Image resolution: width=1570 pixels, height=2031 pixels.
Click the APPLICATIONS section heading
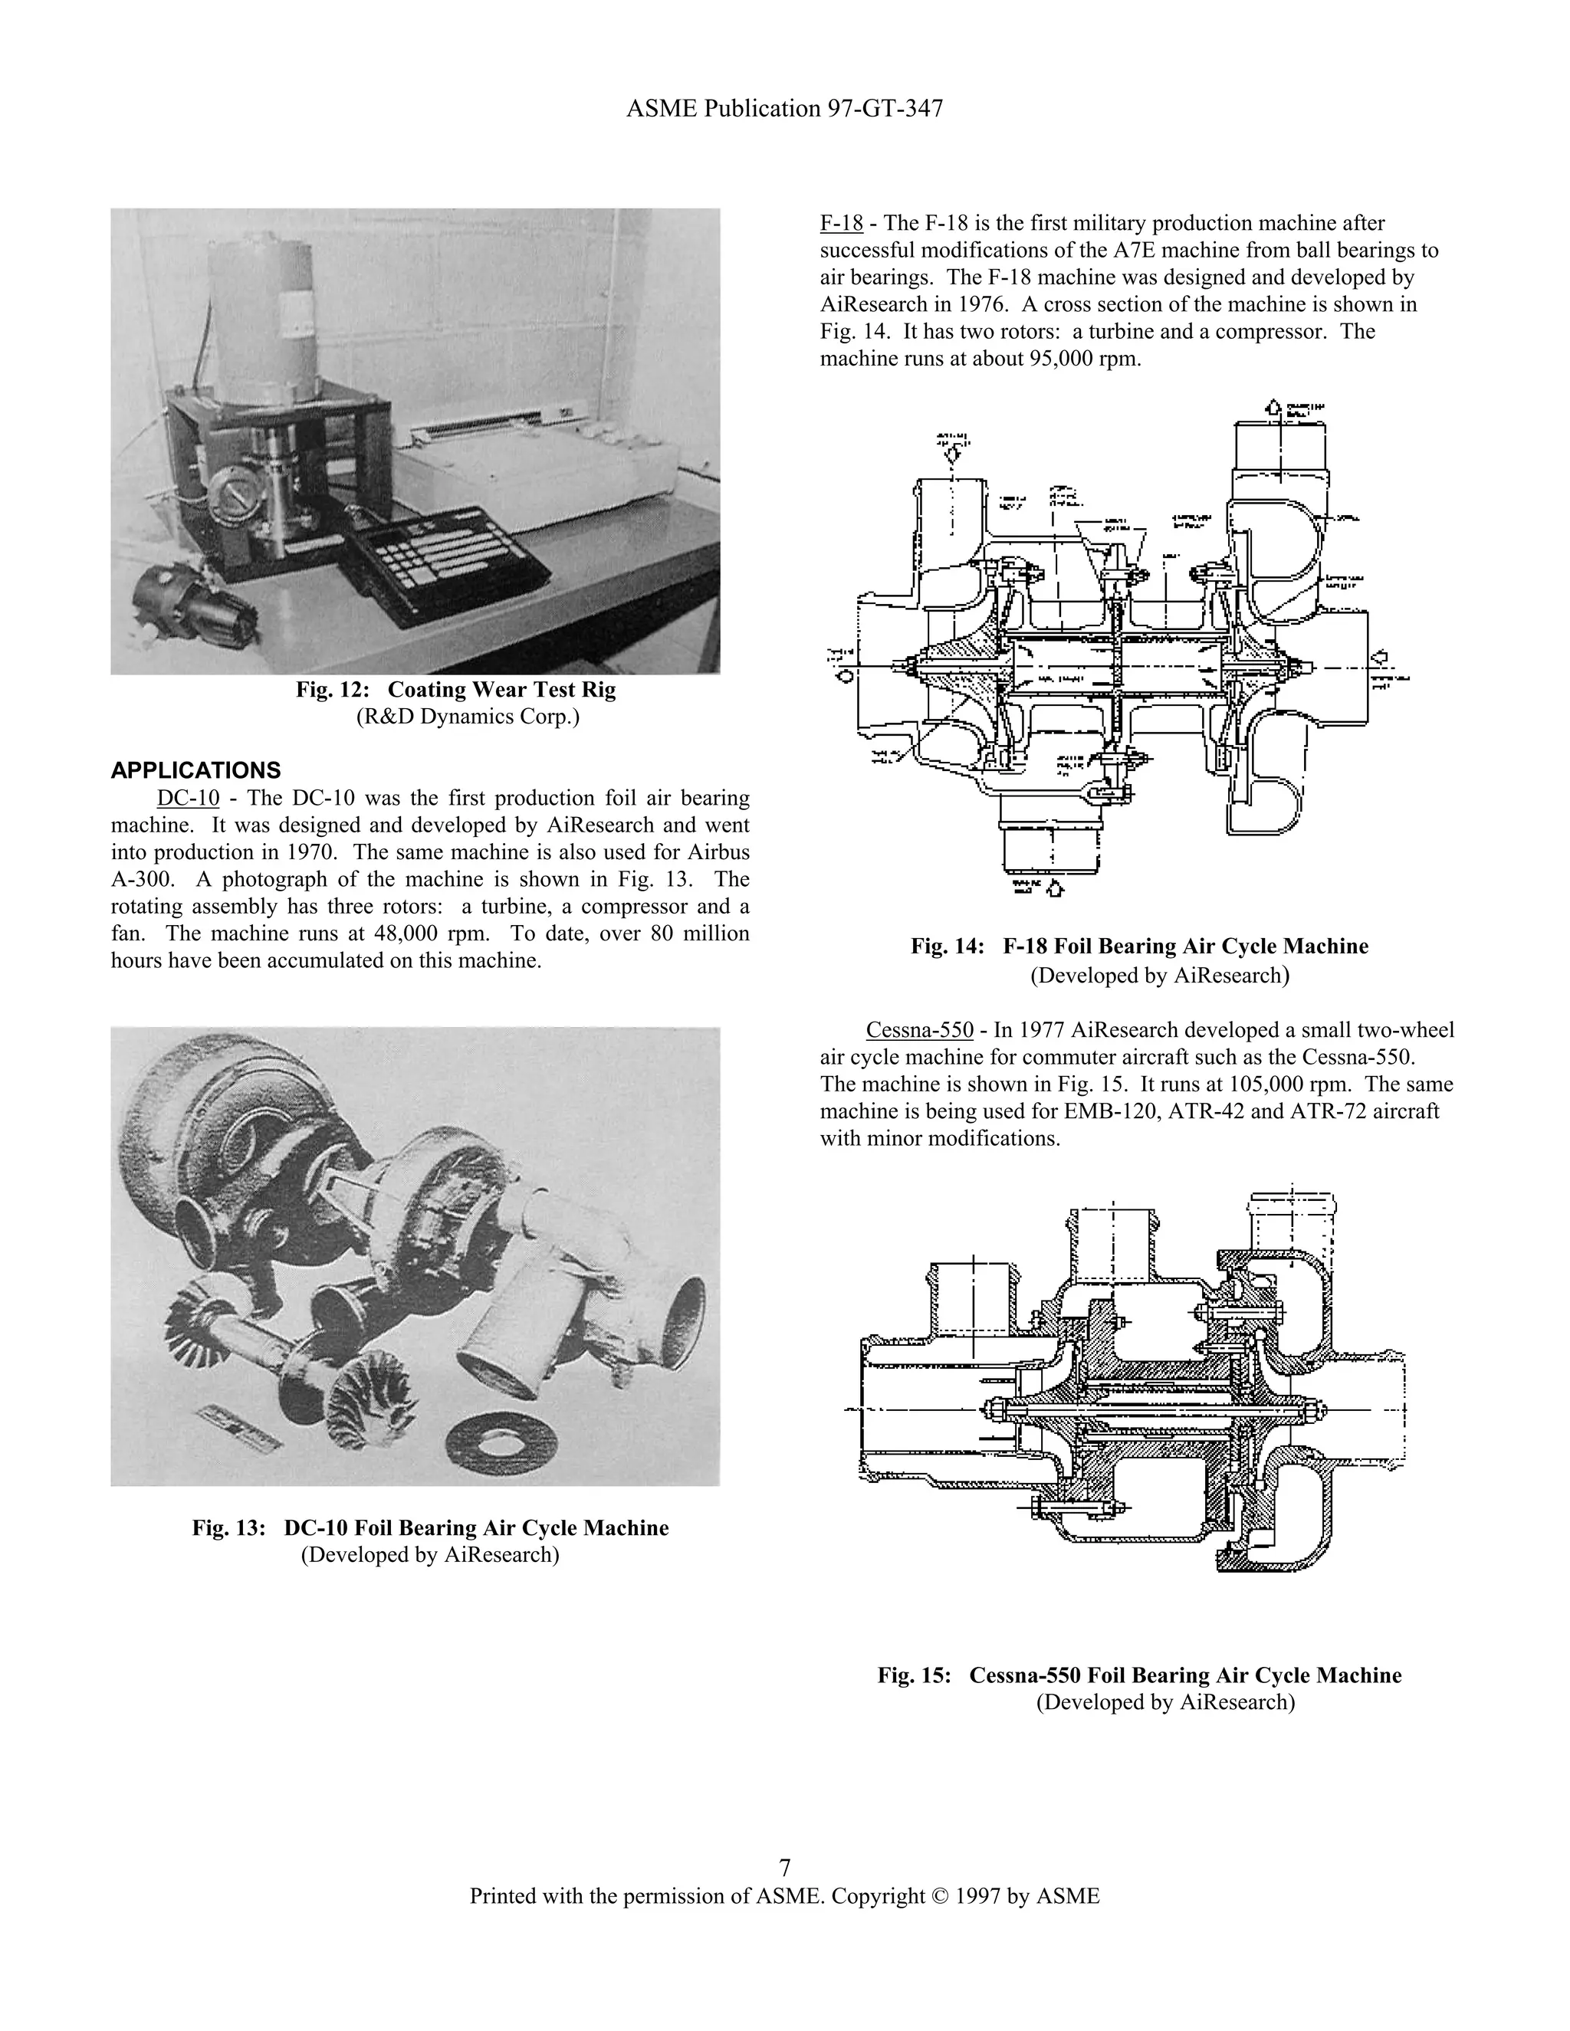coord(195,770)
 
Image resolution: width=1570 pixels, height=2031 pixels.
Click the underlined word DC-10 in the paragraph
coord(188,798)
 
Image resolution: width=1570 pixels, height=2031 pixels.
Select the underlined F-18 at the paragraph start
coord(841,223)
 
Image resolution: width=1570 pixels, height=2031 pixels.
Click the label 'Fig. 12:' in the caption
coord(332,690)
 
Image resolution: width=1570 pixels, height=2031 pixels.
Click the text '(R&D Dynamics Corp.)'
coord(467,718)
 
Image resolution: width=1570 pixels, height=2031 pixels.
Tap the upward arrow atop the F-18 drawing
coord(1273,407)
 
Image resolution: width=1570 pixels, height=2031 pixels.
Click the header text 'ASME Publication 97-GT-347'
coord(784,109)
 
